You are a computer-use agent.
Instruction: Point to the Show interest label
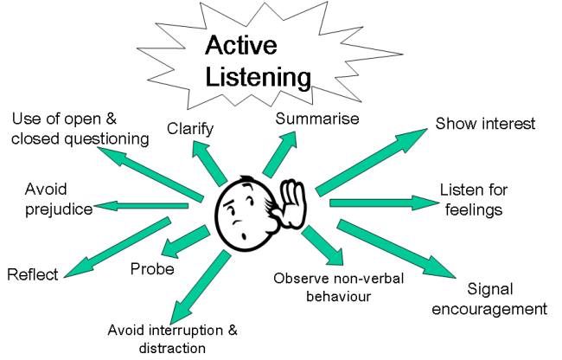484,124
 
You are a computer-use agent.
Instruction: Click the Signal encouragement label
506,299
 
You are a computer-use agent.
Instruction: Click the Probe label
152,269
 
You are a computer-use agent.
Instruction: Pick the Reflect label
33,275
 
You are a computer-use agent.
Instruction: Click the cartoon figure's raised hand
295,204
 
